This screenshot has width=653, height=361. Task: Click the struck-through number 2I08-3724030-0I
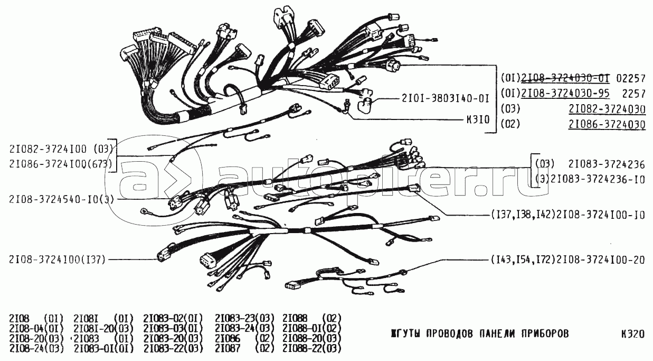pos(565,78)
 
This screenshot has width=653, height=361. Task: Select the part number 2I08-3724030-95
pos(565,94)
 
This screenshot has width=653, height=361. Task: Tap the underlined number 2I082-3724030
pos(607,109)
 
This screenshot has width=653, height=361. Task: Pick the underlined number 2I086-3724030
pos(607,124)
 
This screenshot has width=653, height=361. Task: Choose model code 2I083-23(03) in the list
pos(244,319)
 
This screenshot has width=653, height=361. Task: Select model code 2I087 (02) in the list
pos(244,349)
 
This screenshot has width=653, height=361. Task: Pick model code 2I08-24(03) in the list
pos(36,349)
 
